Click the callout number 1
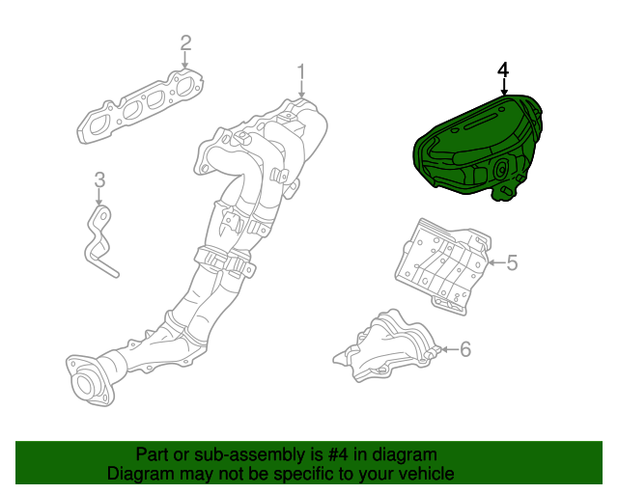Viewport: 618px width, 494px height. coord(300,71)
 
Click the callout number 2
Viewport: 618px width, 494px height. coord(185,42)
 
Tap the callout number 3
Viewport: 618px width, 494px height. coord(99,179)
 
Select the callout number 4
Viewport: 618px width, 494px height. coord(502,70)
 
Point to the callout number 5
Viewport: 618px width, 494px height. coord(512,261)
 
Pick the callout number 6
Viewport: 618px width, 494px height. coord(464,348)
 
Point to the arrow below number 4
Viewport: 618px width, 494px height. coord(502,88)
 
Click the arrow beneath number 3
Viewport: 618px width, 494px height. coord(99,197)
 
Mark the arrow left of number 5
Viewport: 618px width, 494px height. coord(493,261)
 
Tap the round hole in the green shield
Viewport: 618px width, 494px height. coord(501,170)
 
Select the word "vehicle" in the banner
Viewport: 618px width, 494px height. coord(424,474)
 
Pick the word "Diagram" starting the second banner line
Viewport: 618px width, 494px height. coord(138,474)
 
